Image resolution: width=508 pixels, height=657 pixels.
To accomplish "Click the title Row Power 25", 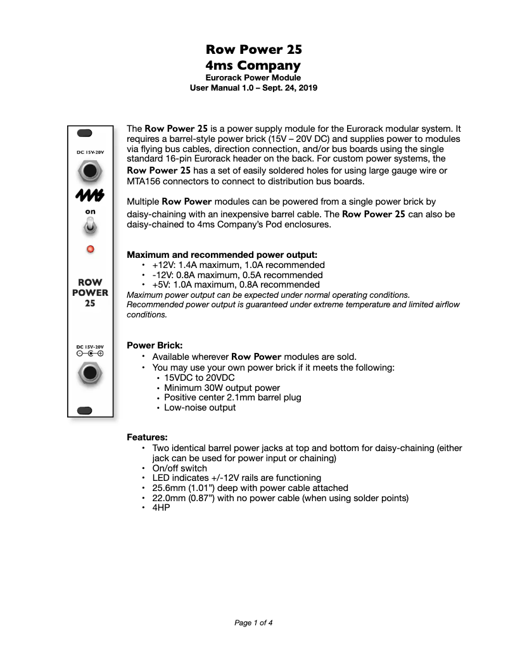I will [x=253, y=49].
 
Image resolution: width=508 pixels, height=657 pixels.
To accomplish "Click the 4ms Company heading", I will [x=253, y=65].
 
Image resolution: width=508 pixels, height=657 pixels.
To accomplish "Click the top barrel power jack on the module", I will [x=89, y=171].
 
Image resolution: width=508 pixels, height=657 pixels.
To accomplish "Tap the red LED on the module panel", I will [x=90, y=249].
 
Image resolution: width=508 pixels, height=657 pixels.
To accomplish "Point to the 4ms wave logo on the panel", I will [x=90, y=195].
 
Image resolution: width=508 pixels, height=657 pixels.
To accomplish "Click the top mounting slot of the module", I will [x=85, y=133].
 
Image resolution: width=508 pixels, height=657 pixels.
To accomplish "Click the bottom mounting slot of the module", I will [x=85, y=411].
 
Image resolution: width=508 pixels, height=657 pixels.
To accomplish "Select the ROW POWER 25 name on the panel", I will [x=90, y=293].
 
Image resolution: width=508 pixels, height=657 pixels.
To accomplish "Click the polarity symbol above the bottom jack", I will [x=90, y=354].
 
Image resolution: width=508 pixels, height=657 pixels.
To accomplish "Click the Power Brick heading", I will [x=155, y=345].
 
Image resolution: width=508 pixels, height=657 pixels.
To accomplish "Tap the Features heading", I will [x=147, y=437].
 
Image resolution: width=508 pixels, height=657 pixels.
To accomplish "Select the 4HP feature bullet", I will [x=161, y=507].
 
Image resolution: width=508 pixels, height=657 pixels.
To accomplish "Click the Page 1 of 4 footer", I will [x=253, y=623].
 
